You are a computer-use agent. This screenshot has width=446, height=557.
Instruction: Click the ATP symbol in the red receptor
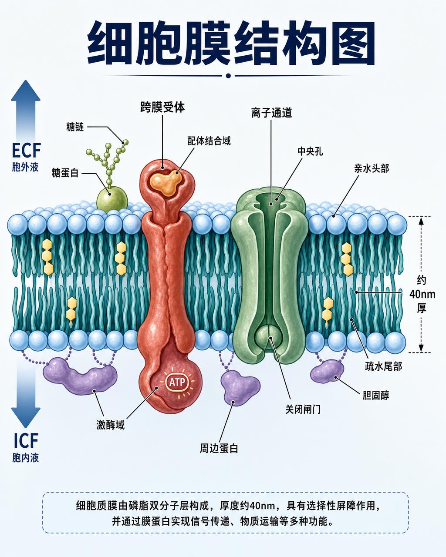(177, 382)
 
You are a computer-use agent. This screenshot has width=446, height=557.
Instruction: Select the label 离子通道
(271, 113)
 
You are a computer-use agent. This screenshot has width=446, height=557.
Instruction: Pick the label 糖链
(75, 127)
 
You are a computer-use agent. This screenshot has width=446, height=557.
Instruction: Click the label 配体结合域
(209, 141)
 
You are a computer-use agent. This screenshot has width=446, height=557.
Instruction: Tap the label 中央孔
(310, 151)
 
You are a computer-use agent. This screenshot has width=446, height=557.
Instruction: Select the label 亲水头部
(372, 168)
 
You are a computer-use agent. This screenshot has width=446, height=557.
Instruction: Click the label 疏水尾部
(383, 366)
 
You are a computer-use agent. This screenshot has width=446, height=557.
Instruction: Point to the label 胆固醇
(376, 395)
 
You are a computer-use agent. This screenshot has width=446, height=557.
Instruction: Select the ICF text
(26, 441)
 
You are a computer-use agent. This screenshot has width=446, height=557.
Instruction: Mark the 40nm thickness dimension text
(422, 294)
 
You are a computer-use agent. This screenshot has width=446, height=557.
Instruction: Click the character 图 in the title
(354, 43)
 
